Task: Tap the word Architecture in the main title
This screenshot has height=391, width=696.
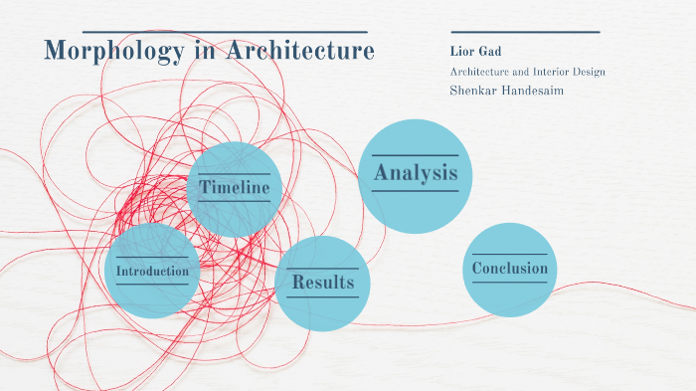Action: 300,51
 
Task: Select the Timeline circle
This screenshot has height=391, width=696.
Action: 235,188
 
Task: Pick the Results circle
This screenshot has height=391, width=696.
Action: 322,284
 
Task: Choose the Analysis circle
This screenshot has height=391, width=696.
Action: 415,175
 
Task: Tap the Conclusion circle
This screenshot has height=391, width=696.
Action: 509,269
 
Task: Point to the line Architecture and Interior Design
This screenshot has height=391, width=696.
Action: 527,72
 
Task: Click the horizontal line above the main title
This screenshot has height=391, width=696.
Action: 225,32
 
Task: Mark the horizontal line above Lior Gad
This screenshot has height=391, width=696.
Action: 525,32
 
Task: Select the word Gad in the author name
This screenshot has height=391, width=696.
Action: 483,51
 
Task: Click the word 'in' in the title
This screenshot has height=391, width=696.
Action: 203,51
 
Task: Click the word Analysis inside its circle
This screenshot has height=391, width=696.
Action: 416,174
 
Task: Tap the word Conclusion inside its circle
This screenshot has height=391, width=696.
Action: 509,269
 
